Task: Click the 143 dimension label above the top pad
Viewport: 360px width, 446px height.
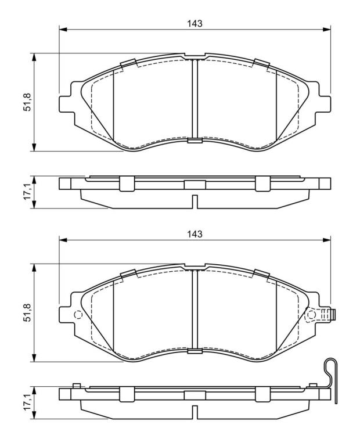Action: [195, 23]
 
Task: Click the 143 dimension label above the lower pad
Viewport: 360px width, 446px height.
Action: [195, 234]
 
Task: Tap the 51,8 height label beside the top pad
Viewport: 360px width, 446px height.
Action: [27, 102]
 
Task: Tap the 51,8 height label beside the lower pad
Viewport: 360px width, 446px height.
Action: [27, 312]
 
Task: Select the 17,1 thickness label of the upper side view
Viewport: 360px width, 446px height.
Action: [27, 192]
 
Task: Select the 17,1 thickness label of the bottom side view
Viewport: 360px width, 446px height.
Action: [27, 403]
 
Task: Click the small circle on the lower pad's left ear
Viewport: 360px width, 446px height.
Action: [78, 315]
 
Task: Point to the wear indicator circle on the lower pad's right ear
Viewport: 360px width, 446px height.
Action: [311, 315]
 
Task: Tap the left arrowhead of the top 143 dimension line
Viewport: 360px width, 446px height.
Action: [63, 30]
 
